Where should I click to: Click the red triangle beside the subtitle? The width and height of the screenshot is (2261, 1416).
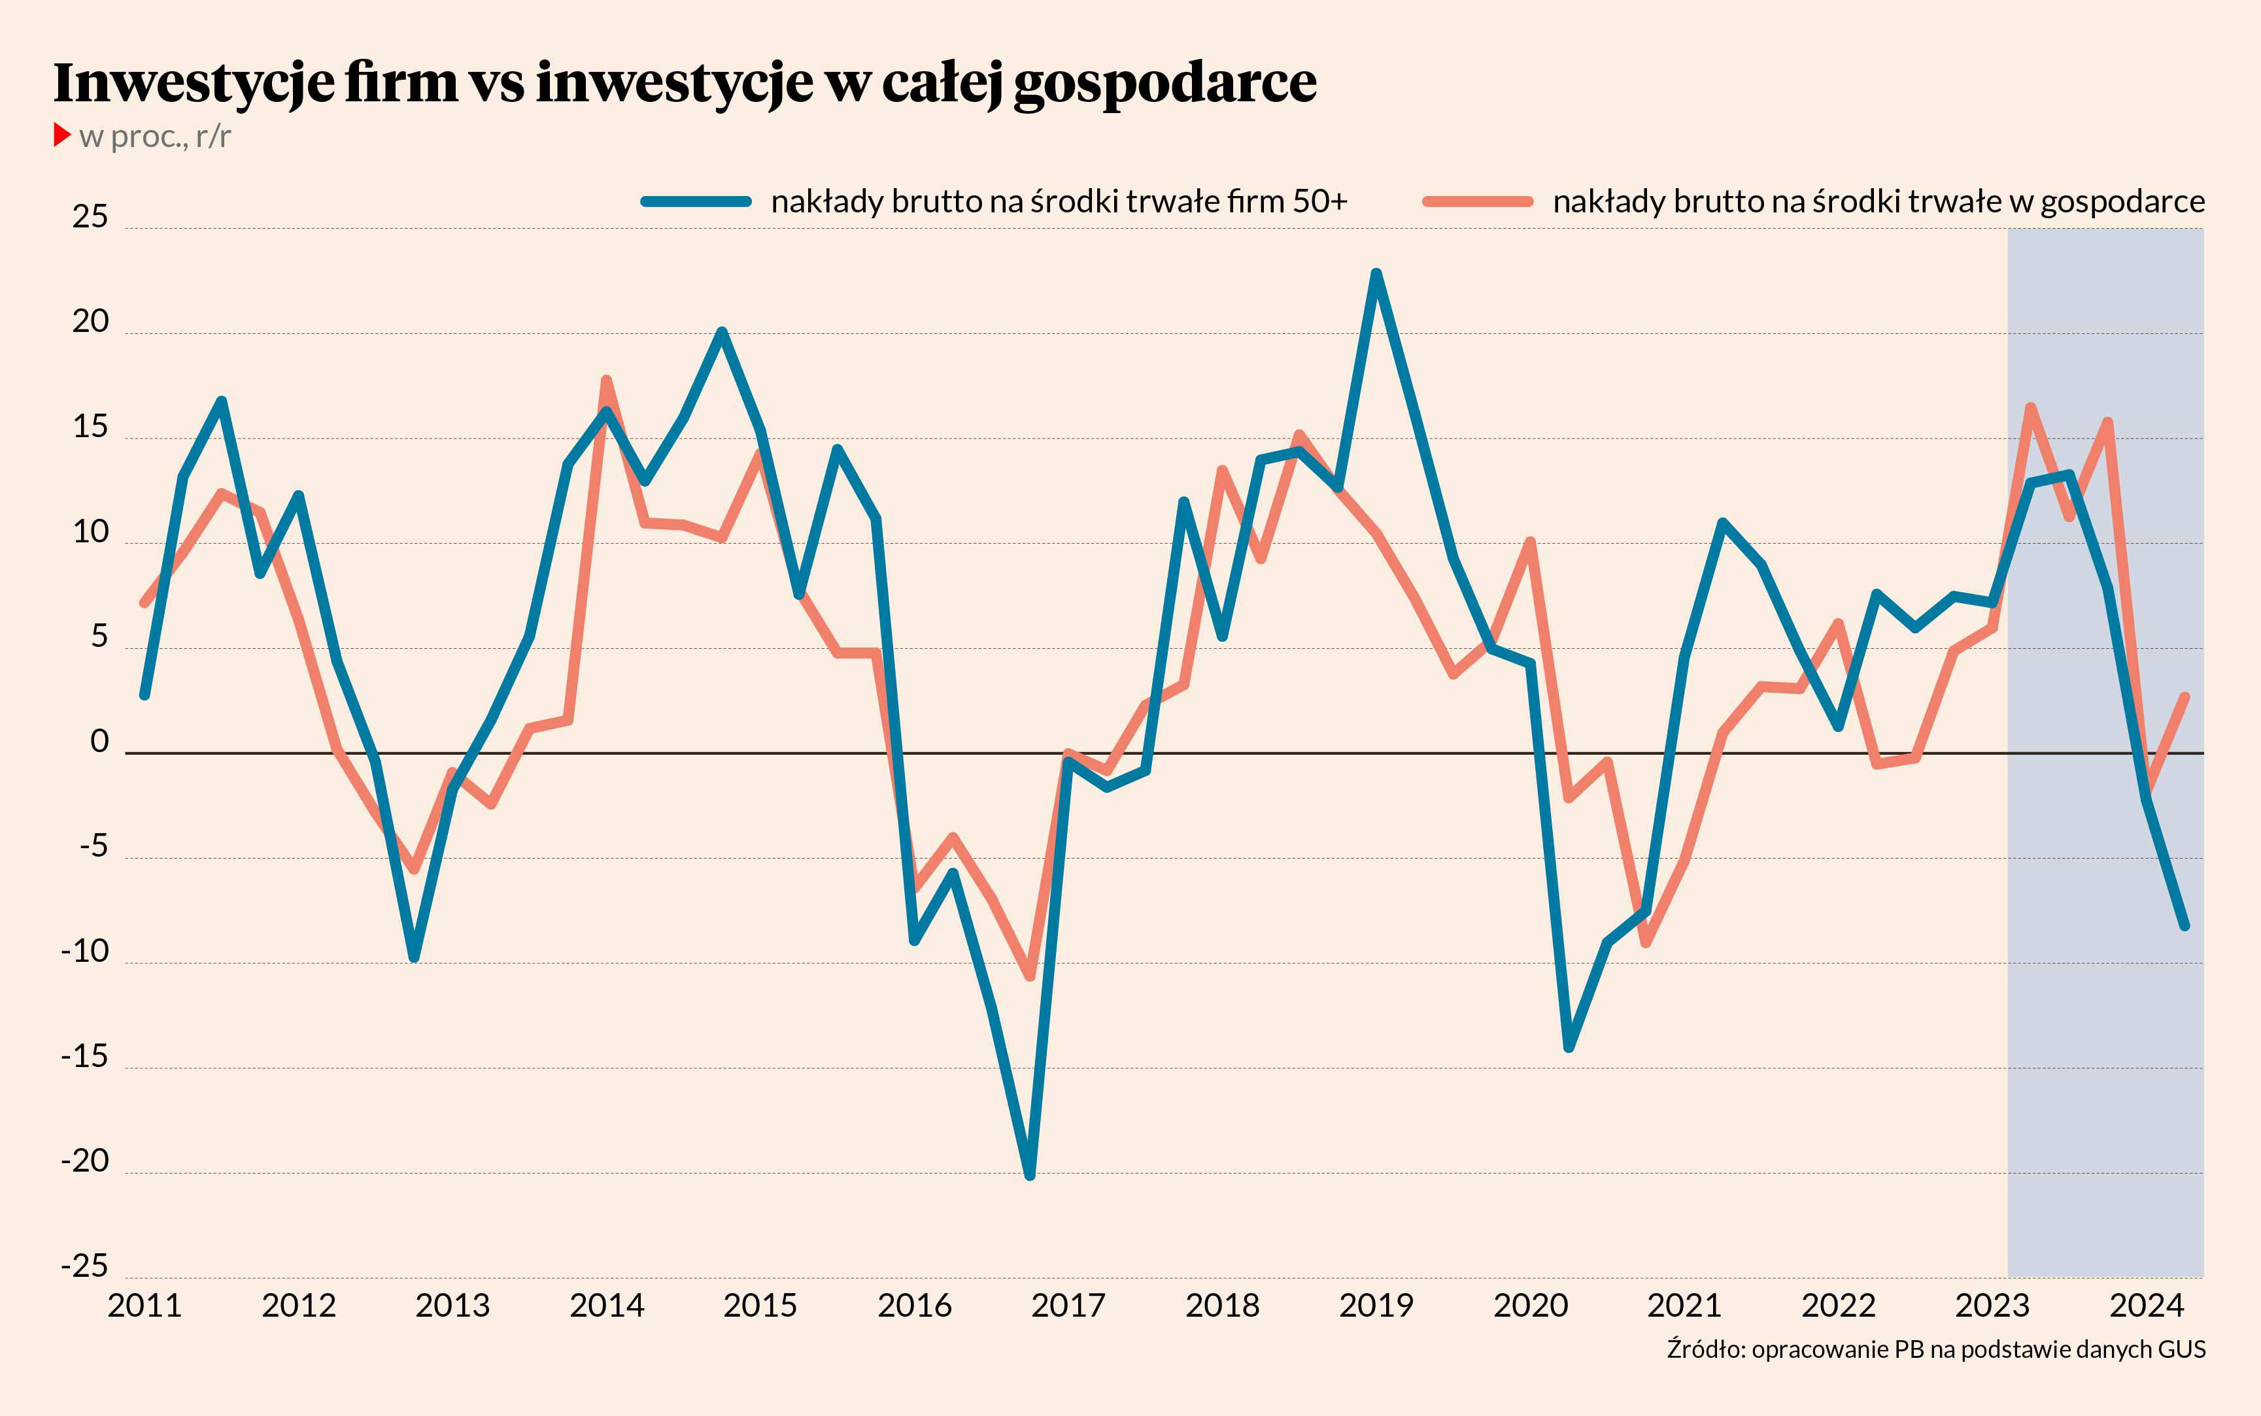point(62,135)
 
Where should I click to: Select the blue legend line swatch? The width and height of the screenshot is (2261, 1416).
point(695,201)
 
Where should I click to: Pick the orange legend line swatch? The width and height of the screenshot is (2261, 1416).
point(1478,201)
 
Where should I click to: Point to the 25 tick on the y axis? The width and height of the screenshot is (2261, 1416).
point(90,218)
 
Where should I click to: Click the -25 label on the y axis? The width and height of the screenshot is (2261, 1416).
point(84,1266)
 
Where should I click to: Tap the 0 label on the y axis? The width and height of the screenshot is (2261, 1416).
point(99,742)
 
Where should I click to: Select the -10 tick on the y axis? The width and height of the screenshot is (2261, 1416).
point(84,951)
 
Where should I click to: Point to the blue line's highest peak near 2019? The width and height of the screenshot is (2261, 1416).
point(1376,273)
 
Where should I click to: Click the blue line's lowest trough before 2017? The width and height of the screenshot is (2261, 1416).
point(1030,1174)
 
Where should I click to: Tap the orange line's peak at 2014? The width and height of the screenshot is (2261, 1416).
point(606,381)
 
